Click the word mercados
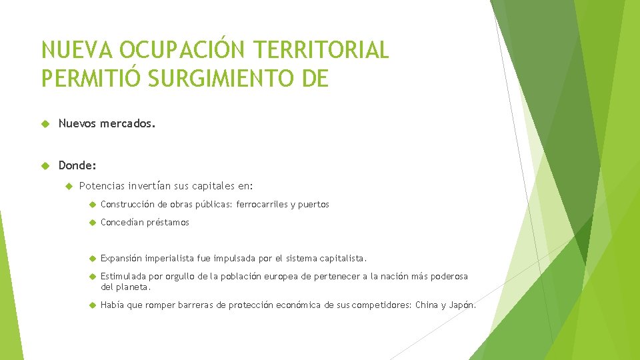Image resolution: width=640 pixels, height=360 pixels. point(128,123)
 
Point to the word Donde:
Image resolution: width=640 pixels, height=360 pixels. point(77,165)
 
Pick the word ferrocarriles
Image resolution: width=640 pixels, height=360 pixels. point(260,205)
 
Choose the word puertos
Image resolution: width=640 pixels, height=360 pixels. point(313,205)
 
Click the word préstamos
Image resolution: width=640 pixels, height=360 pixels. point(168,223)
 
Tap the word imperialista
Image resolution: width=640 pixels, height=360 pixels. point(167,258)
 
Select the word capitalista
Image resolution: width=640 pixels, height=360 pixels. point(343,258)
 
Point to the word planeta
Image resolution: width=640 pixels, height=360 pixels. point(133,287)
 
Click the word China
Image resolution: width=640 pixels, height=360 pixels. point(427,305)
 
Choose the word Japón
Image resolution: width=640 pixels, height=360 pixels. point(462,305)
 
